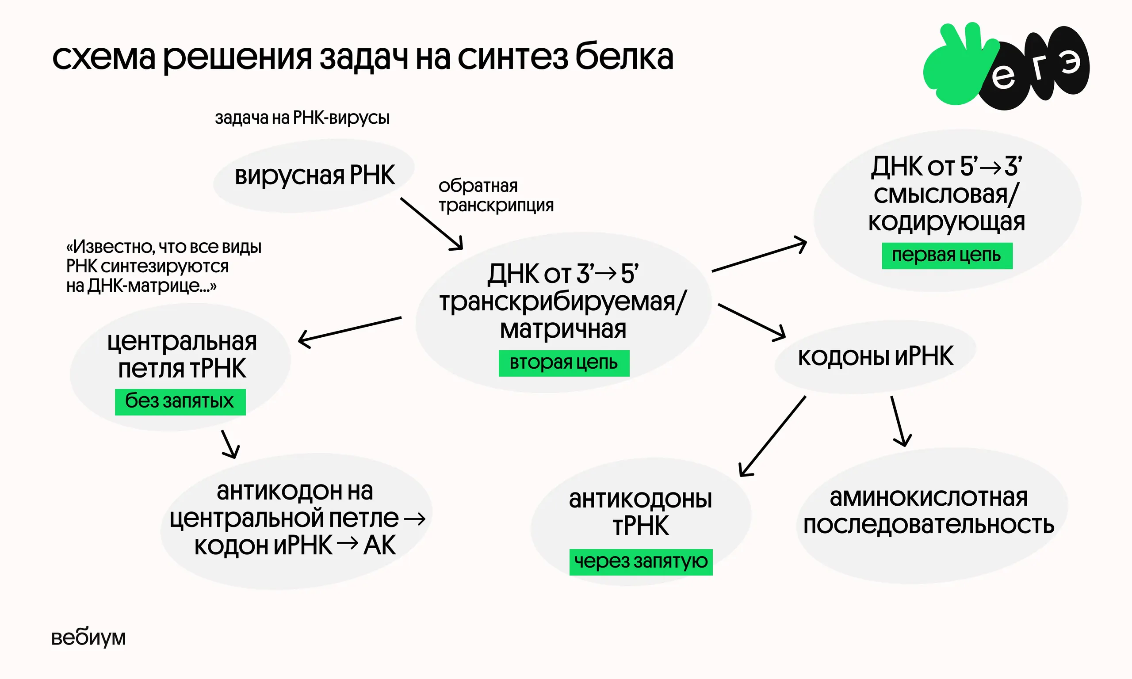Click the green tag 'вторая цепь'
[564, 363]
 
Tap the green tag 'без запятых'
[180, 402]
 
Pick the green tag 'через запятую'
[641, 561]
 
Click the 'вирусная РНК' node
[314, 175]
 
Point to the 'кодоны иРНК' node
[875, 357]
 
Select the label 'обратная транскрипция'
[496, 196]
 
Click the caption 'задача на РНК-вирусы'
[302, 118]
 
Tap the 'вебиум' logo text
[88, 637]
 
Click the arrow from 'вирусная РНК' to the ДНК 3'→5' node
[431, 223]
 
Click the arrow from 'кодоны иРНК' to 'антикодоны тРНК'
[773, 436]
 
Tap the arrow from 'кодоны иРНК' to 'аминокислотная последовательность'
[898, 421]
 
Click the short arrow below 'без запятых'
[229, 444]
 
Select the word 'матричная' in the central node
[563, 329]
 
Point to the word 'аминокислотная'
[929, 497]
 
